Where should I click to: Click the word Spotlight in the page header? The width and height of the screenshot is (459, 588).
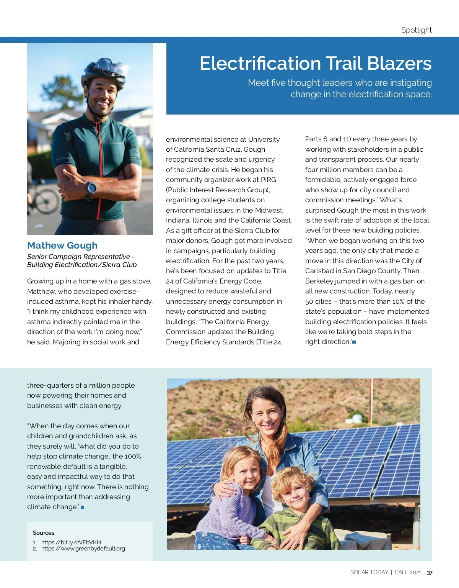[416, 30]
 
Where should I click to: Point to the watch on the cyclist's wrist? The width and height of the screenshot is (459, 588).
[91, 188]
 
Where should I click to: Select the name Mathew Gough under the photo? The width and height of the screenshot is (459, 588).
[62, 246]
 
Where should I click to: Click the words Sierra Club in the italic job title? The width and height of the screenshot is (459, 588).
[119, 265]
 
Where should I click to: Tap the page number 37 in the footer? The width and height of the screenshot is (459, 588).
[430, 573]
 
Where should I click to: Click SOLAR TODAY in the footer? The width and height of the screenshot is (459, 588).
[369, 572]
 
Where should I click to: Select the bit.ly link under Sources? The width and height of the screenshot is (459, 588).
[71, 542]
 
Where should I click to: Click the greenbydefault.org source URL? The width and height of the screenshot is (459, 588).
[83, 549]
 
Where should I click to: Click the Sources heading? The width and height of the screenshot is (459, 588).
[44, 533]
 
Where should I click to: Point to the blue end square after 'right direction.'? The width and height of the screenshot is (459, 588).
[354, 342]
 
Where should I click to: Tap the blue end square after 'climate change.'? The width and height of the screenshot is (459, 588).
[83, 507]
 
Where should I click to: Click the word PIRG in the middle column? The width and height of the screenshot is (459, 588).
[268, 180]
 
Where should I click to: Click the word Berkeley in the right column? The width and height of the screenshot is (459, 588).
[319, 281]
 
